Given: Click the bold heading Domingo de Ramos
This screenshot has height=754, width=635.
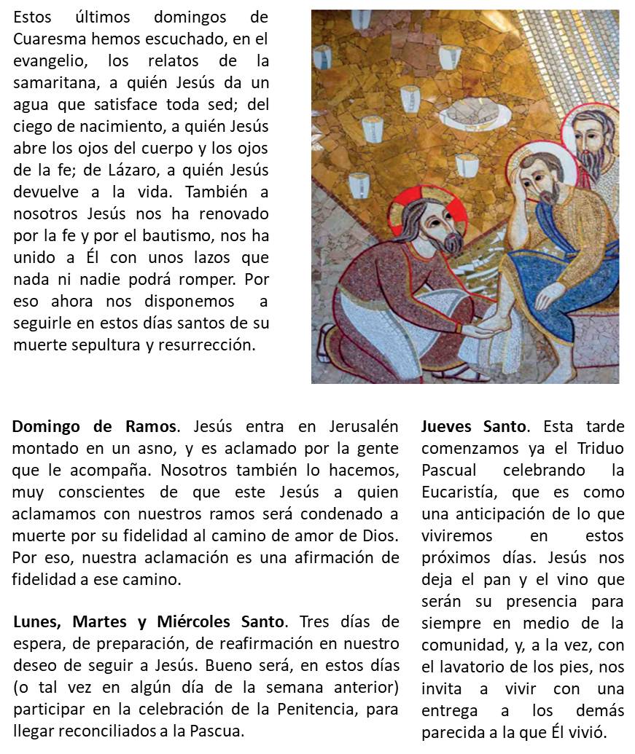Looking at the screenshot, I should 93,426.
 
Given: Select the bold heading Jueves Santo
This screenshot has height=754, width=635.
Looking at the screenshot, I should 473,426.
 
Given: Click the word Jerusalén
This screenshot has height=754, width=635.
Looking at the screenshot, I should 354,426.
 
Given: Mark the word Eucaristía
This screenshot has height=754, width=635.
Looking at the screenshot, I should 459,492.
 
